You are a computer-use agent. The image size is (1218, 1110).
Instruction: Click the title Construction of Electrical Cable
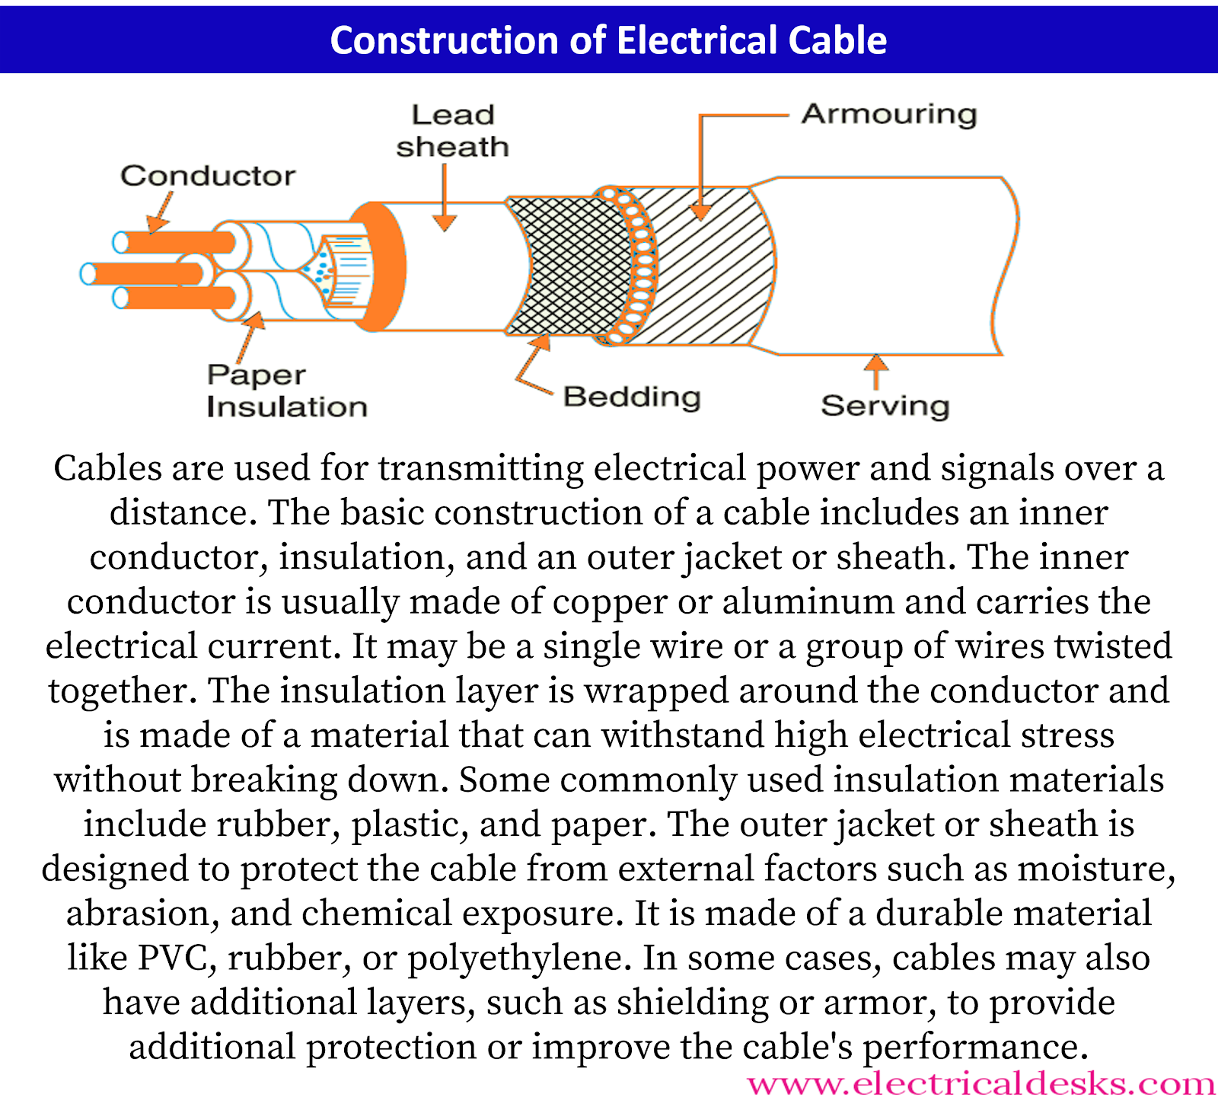point(608,40)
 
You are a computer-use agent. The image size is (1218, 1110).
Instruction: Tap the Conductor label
point(208,176)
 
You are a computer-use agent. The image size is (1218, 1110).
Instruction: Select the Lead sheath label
point(452,131)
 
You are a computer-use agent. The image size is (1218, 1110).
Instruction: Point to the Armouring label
point(889,114)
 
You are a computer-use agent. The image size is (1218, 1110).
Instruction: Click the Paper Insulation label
point(286,391)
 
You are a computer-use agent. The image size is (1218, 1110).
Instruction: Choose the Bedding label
point(632,397)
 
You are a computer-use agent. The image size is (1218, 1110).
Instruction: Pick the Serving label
point(885,406)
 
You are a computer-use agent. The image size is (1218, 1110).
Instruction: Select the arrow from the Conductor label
point(160,213)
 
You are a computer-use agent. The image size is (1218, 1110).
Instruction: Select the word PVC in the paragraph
point(173,958)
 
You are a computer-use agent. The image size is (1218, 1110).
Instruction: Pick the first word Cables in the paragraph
point(107,467)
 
